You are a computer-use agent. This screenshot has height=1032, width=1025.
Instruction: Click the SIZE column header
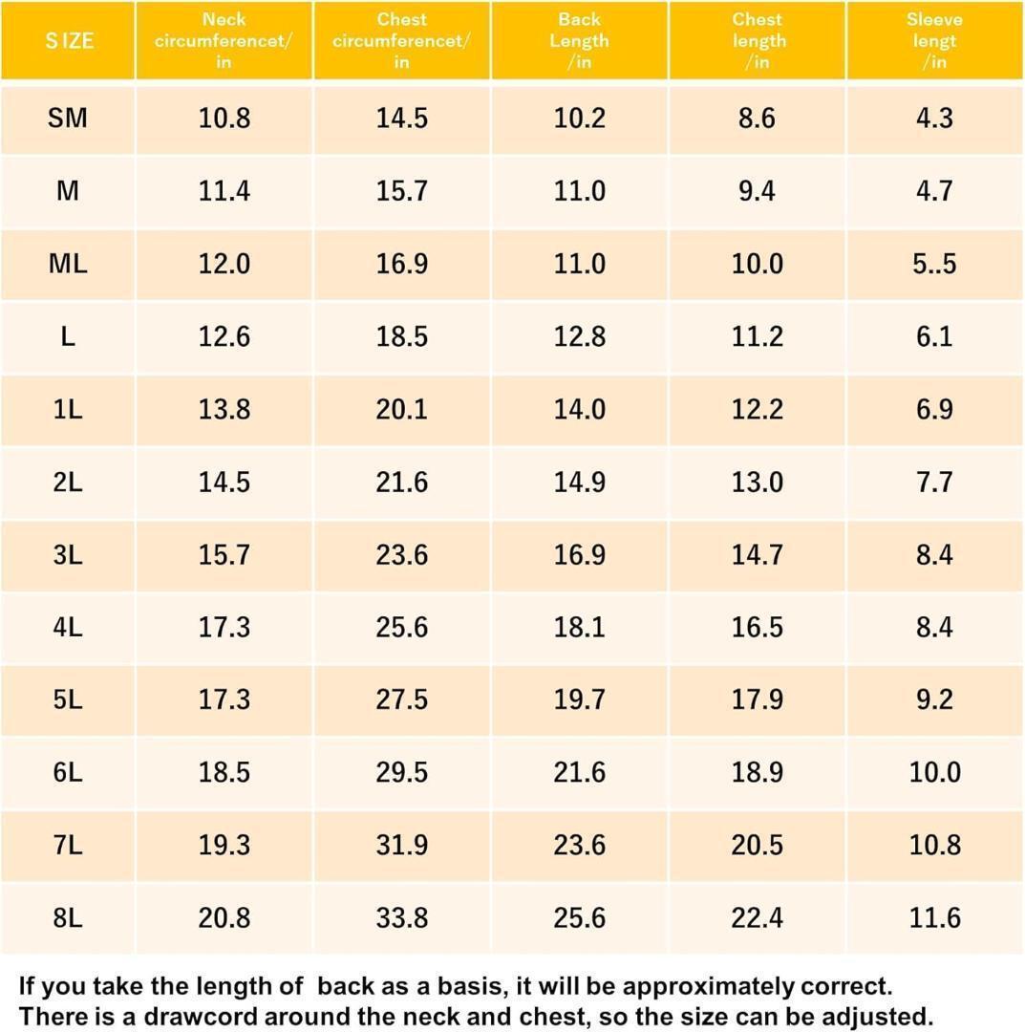pyautogui.click(x=69, y=41)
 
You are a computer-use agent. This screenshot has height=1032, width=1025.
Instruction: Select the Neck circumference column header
pyautogui.click(x=224, y=41)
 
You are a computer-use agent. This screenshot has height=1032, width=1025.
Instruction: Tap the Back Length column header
pyautogui.click(x=579, y=41)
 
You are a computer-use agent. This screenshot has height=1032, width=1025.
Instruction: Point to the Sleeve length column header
pyautogui.click(x=934, y=41)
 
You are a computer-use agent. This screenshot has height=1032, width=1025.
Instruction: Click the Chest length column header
pyautogui.click(x=758, y=41)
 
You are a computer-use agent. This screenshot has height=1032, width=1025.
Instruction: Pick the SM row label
pyautogui.click(x=67, y=118)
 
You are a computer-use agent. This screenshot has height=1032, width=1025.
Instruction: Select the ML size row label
pyautogui.click(x=67, y=264)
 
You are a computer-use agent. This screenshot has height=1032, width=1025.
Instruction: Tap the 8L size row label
pyautogui.click(x=67, y=918)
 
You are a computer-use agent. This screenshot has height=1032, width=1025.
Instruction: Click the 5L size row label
pyautogui.click(x=67, y=699)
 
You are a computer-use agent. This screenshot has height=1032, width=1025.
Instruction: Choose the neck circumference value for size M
pyautogui.click(x=224, y=191)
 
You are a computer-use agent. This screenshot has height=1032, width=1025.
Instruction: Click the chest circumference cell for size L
pyautogui.click(x=401, y=336)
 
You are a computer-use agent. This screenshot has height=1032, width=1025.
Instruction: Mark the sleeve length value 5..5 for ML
pyautogui.click(x=934, y=264)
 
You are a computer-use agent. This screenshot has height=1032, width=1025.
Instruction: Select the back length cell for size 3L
pyautogui.click(x=579, y=554)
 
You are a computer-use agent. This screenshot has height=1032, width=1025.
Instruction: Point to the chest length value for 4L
pyautogui.click(x=758, y=627)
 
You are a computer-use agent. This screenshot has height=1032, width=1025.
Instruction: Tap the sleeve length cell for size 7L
pyautogui.click(x=934, y=845)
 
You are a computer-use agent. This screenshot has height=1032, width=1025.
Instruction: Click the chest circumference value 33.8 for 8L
pyautogui.click(x=401, y=918)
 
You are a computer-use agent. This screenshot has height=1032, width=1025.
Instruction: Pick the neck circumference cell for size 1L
pyautogui.click(x=224, y=409)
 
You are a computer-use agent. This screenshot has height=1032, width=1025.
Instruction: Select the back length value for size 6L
pyautogui.click(x=579, y=772)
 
